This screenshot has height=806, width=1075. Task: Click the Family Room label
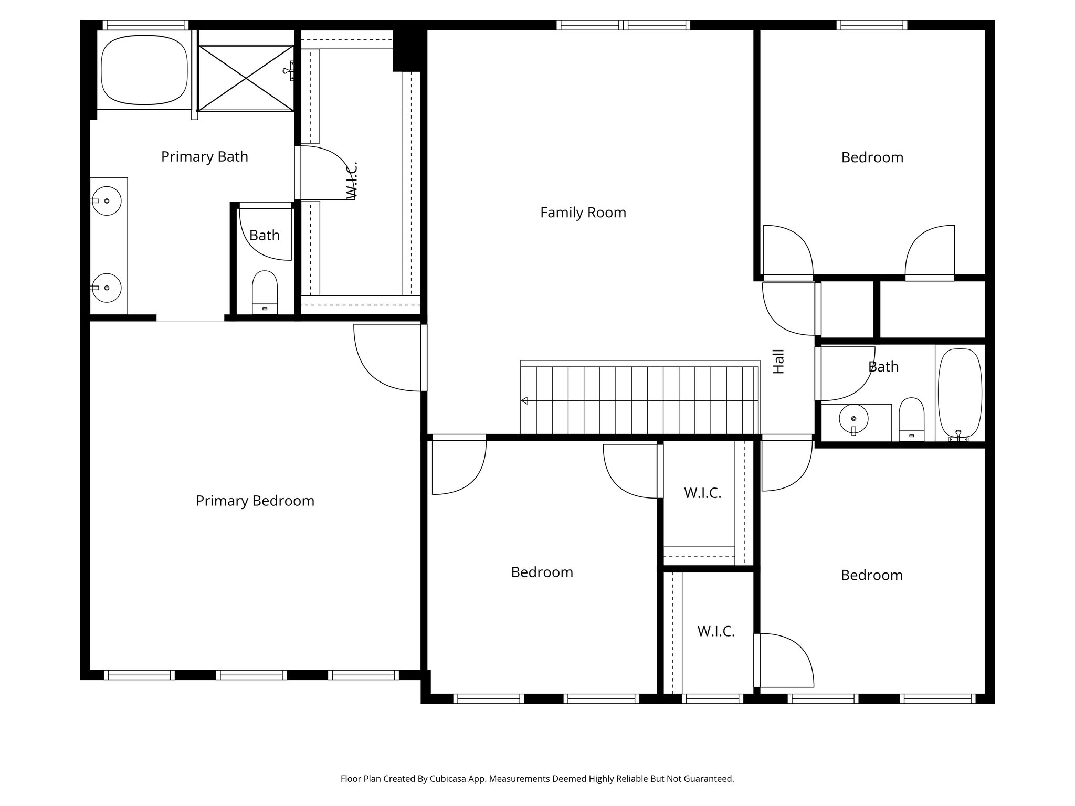pyautogui.click(x=583, y=213)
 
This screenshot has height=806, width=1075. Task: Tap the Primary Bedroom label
pyautogui.click(x=255, y=501)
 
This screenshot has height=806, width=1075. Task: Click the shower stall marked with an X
pyautogui.click(x=246, y=78)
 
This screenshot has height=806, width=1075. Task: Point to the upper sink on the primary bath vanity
pyautogui.click(x=107, y=201)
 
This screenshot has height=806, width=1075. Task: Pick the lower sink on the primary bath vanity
pyautogui.click(x=107, y=288)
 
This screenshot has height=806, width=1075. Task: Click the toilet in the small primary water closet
pyautogui.click(x=265, y=292)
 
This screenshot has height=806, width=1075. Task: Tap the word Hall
pyautogui.click(x=778, y=362)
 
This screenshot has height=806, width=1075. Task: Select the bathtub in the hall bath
pyautogui.click(x=959, y=394)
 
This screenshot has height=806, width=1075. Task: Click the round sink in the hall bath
pyautogui.click(x=853, y=419)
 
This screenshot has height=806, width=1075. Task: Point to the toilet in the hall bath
pyautogui.click(x=911, y=419)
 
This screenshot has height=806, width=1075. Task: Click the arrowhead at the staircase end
pyautogui.click(x=524, y=401)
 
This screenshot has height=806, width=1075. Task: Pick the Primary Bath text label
pyautogui.click(x=204, y=156)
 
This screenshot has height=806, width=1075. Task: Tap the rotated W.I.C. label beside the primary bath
pyautogui.click(x=352, y=180)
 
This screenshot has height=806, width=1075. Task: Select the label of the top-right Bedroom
pyautogui.click(x=872, y=157)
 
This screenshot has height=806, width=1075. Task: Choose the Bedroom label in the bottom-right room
pyautogui.click(x=871, y=575)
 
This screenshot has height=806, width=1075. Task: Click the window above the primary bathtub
pyautogui.click(x=145, y=25)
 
